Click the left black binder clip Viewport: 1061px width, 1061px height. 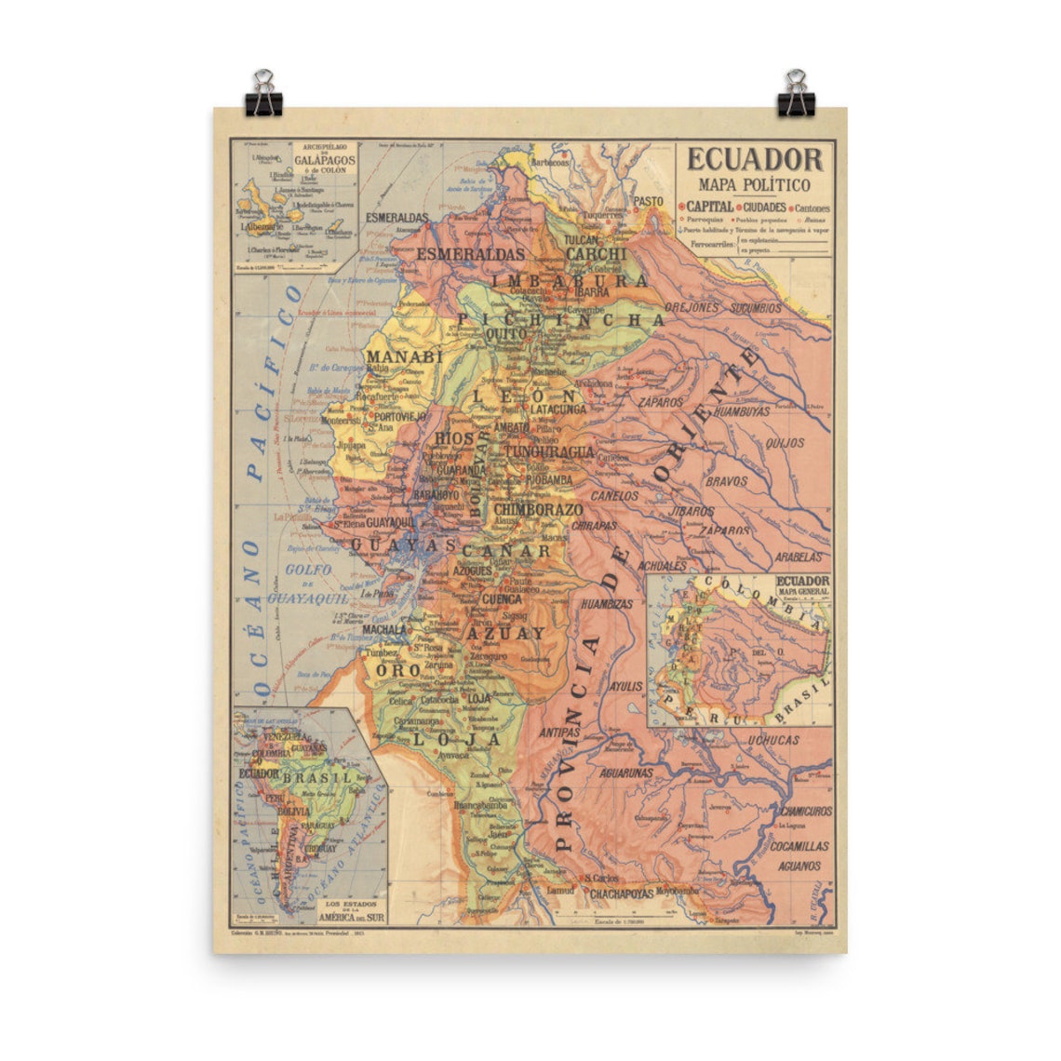click(x=263, y=94)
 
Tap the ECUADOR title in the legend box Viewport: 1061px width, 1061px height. click(x=755, y=159)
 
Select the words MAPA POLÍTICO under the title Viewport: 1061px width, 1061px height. click(x=755, y=185)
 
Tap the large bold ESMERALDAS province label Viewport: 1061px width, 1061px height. click(x=472, y=253)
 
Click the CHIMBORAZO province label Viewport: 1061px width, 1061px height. click(x=538, y=510)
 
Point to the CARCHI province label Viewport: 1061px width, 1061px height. click(x=596, y=253)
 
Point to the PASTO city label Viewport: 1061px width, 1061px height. click(x=649, y=201)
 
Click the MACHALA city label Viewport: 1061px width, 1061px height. click(x=385, y=629)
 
